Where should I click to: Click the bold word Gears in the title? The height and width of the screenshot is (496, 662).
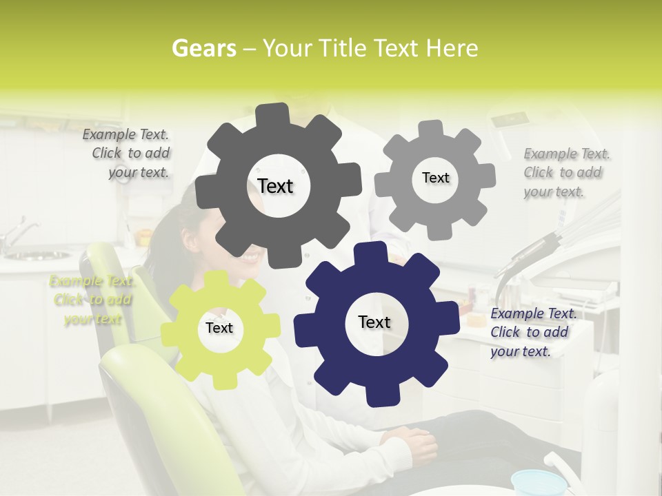(202, 48)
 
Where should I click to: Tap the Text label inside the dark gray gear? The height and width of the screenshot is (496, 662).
(275, 186)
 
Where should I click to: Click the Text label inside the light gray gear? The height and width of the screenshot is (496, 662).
(435, 178)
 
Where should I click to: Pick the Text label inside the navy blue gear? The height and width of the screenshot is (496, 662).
(374, 322)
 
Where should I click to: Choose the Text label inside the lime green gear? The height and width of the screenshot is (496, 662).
(219, 328)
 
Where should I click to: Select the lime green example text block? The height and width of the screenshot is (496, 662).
(91, 300)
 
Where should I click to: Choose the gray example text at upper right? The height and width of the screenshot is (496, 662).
(566, 172)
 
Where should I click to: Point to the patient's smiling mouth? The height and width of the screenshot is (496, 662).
(250, 258)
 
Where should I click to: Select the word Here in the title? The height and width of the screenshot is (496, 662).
(452, 48)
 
